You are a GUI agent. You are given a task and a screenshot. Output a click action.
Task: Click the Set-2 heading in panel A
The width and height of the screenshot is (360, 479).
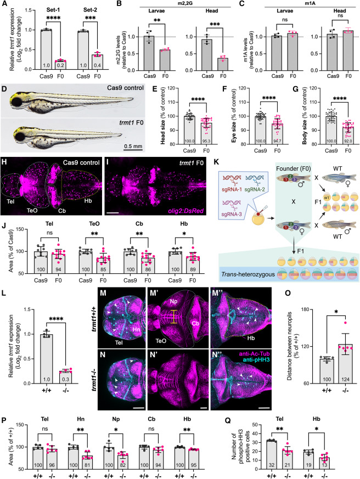click(x=90, y=10)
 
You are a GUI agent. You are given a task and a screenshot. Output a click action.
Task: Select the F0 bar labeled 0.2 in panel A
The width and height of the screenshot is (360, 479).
click(x=60, y=65)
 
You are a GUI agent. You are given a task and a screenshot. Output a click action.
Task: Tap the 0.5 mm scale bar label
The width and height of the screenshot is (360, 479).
click(x=133, y=146)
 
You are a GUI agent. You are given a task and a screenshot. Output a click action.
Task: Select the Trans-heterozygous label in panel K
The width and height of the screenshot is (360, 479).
click(x=248, y=274)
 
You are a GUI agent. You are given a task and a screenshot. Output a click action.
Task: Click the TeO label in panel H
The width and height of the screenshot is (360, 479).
click(x=32, y=211)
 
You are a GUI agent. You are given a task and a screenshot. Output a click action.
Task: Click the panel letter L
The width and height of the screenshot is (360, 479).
click(x=4, y=292)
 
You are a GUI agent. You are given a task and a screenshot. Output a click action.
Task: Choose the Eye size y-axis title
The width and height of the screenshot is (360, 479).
click(x=235, y=116)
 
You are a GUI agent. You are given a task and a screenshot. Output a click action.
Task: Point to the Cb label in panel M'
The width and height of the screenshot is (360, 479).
click(x=195, y=323)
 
